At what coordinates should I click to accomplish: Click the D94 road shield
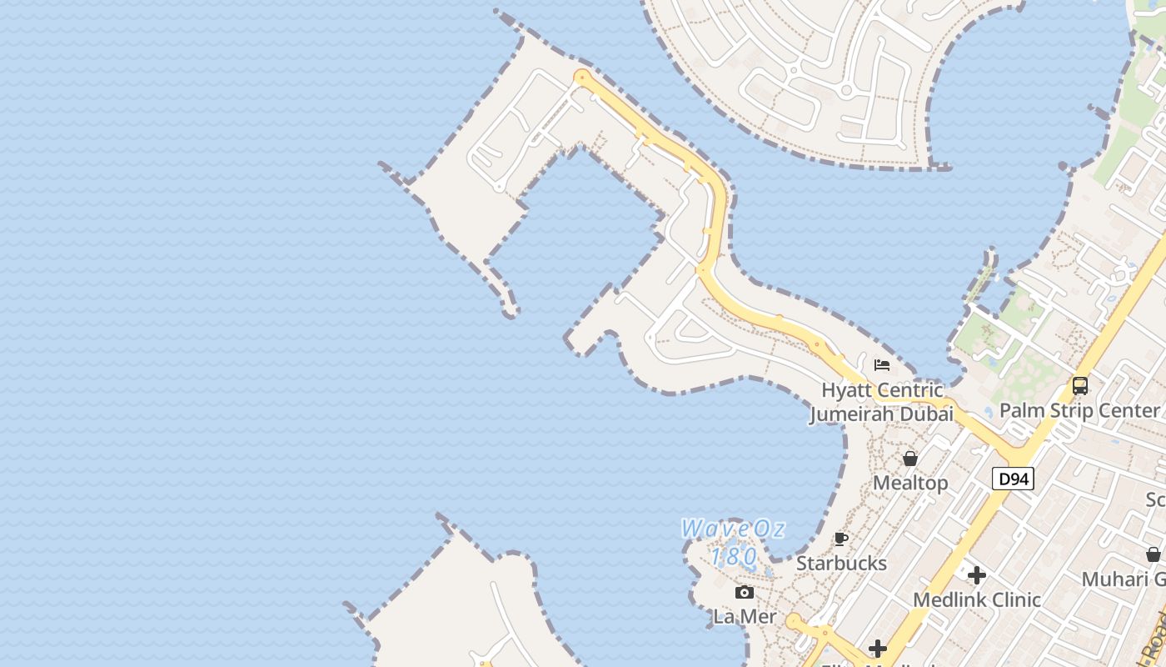(x=1013, y=479)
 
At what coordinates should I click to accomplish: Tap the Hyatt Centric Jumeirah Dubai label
(x=882, y=402)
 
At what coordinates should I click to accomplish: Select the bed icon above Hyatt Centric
(x=882, y=365)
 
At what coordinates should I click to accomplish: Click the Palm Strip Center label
(x=1079, y=410)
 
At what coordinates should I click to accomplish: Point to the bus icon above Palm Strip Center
(x=1080, y=386)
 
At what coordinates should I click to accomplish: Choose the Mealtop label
(x=910, y=483)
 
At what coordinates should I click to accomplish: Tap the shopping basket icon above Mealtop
(x=910, y=459)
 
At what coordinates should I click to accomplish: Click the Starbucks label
(x=841, y=563)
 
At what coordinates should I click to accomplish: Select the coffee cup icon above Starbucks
(x=841, y=539)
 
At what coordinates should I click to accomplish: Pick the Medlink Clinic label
(x=977, y=599)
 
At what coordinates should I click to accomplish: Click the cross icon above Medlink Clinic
(x=977, y=575)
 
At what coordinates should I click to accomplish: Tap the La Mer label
(x=745, y=617)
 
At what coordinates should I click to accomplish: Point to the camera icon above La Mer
(x=745, y=593)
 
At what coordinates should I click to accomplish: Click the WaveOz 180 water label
(x=733, y=542)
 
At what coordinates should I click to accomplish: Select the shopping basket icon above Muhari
(x=1154, y=554)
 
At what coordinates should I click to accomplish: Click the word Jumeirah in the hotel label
(x=850, y=414)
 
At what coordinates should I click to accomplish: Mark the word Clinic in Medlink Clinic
(x=1013, y=599)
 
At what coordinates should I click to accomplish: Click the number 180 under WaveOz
(x=734, y=555)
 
